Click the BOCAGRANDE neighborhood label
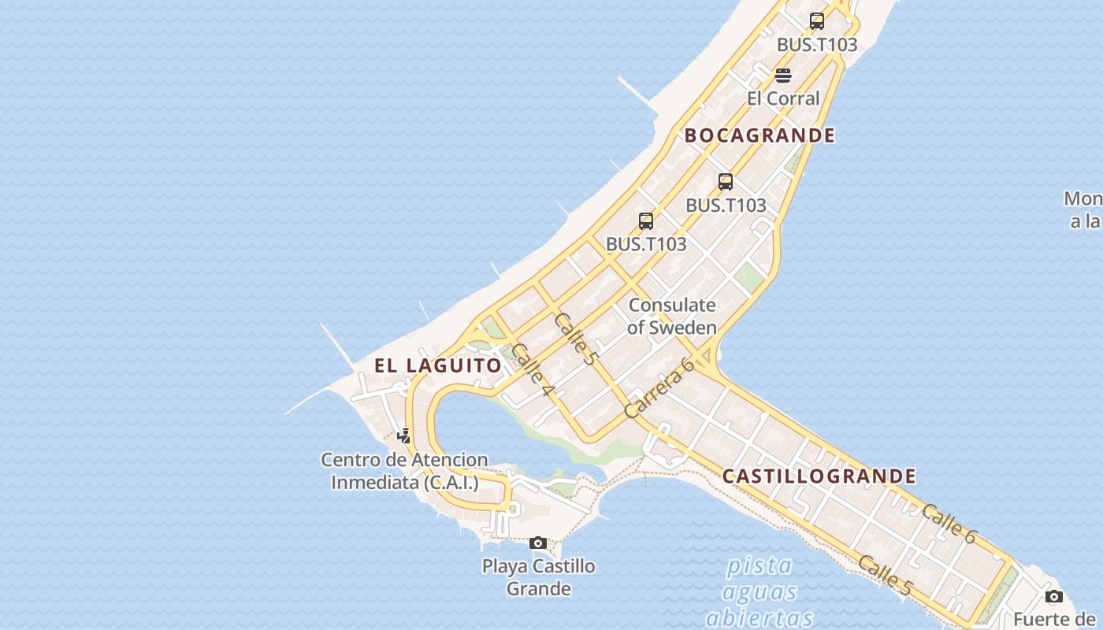(759, 135)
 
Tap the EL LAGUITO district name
(437, 365)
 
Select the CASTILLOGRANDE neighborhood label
(819, 476)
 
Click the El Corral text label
(783, 98)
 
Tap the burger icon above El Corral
(782, 76)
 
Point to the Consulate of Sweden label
(672, 316)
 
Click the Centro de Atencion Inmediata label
(404, 471)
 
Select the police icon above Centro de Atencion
(403, 435)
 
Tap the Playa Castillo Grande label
(539, 576)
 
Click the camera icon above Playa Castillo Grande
(538, 543)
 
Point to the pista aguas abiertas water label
(759, 591)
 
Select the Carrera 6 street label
(658, 387)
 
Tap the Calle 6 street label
(949, 524)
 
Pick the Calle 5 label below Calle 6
(885, 575)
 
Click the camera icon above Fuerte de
(1054, 596)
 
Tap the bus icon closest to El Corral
(817, 21)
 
